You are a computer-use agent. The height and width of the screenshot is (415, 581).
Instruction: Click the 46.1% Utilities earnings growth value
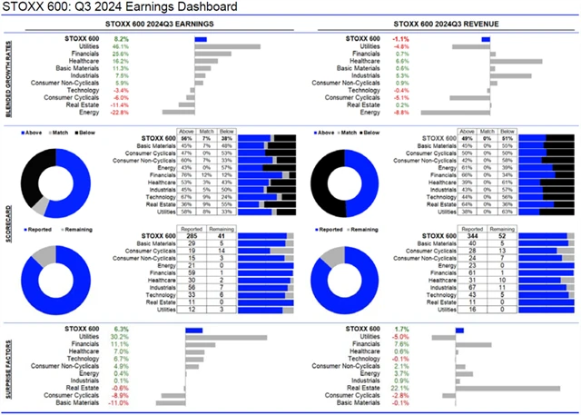point(119,46)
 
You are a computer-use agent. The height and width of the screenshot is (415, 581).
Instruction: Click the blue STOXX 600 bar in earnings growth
point(200,39)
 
